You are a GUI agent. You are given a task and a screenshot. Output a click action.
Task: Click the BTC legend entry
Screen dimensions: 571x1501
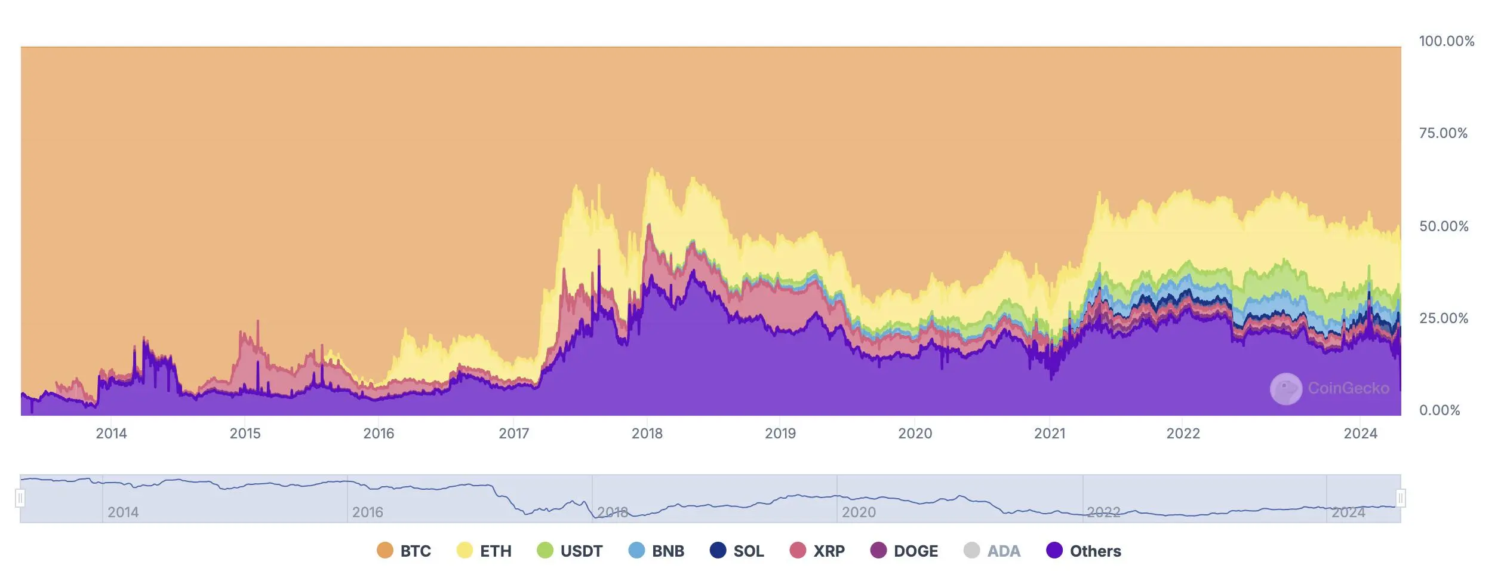404,551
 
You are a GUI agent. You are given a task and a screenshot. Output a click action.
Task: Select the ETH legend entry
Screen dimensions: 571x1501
484,551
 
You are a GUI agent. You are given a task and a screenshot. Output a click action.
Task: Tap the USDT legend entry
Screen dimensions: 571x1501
570,551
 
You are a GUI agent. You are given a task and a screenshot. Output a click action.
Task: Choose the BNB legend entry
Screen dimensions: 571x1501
657,551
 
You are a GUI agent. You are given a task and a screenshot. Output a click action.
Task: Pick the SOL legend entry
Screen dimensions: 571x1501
737,551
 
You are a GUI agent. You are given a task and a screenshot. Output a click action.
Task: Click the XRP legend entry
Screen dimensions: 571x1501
817,551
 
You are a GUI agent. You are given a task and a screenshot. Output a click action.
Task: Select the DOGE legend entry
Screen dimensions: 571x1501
904,551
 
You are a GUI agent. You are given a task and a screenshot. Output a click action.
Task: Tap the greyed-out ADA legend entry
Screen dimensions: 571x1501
992,551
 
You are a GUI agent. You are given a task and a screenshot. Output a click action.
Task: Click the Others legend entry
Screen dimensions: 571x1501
1084,551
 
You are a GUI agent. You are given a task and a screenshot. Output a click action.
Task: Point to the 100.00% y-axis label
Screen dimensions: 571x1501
1446,41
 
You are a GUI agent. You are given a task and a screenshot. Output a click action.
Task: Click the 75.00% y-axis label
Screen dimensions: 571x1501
1443,133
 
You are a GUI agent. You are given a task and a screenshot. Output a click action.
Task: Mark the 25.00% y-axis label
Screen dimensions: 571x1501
1443,318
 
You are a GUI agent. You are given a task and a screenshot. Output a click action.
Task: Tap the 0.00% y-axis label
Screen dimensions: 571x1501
1440,410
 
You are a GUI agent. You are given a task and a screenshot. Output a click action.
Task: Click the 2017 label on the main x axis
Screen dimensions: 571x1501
514,434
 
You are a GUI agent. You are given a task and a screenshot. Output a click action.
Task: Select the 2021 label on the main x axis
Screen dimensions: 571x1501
1050,434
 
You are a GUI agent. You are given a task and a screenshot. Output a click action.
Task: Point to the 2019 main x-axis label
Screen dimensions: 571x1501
780,434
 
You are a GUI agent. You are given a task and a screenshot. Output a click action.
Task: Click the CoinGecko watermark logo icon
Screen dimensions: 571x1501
1285,389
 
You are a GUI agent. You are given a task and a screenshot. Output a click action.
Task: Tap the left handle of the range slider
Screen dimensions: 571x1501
20,498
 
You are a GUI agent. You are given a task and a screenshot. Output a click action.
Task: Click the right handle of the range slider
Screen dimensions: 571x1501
1401,498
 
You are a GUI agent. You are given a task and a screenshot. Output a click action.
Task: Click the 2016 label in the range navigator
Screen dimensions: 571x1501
367,512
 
